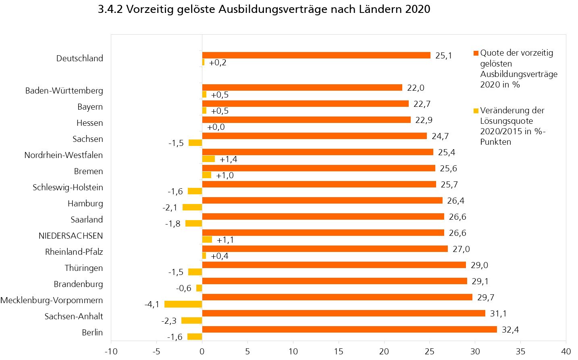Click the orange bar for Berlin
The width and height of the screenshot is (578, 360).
349,329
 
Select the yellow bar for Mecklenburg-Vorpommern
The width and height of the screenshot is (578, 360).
183,304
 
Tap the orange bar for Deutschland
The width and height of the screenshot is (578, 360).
316,55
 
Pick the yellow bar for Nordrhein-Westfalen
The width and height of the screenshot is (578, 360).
208,159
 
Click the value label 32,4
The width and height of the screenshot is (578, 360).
510,330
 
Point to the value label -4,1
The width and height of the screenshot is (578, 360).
152,304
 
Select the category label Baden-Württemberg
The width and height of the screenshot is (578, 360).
64,91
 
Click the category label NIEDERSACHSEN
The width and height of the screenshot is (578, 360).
71,236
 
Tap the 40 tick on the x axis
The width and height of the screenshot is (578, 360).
566,352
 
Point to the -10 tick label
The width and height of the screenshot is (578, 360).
111,352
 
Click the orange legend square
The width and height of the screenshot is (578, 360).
476,53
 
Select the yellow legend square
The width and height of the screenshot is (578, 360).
476,111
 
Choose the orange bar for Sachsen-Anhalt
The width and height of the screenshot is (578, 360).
343,313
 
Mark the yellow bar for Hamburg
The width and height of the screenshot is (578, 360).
192,207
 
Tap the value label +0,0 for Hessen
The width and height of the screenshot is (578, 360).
216,127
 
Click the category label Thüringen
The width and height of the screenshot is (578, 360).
84,268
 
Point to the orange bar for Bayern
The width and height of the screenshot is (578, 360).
305,104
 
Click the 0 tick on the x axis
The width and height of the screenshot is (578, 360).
202,352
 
